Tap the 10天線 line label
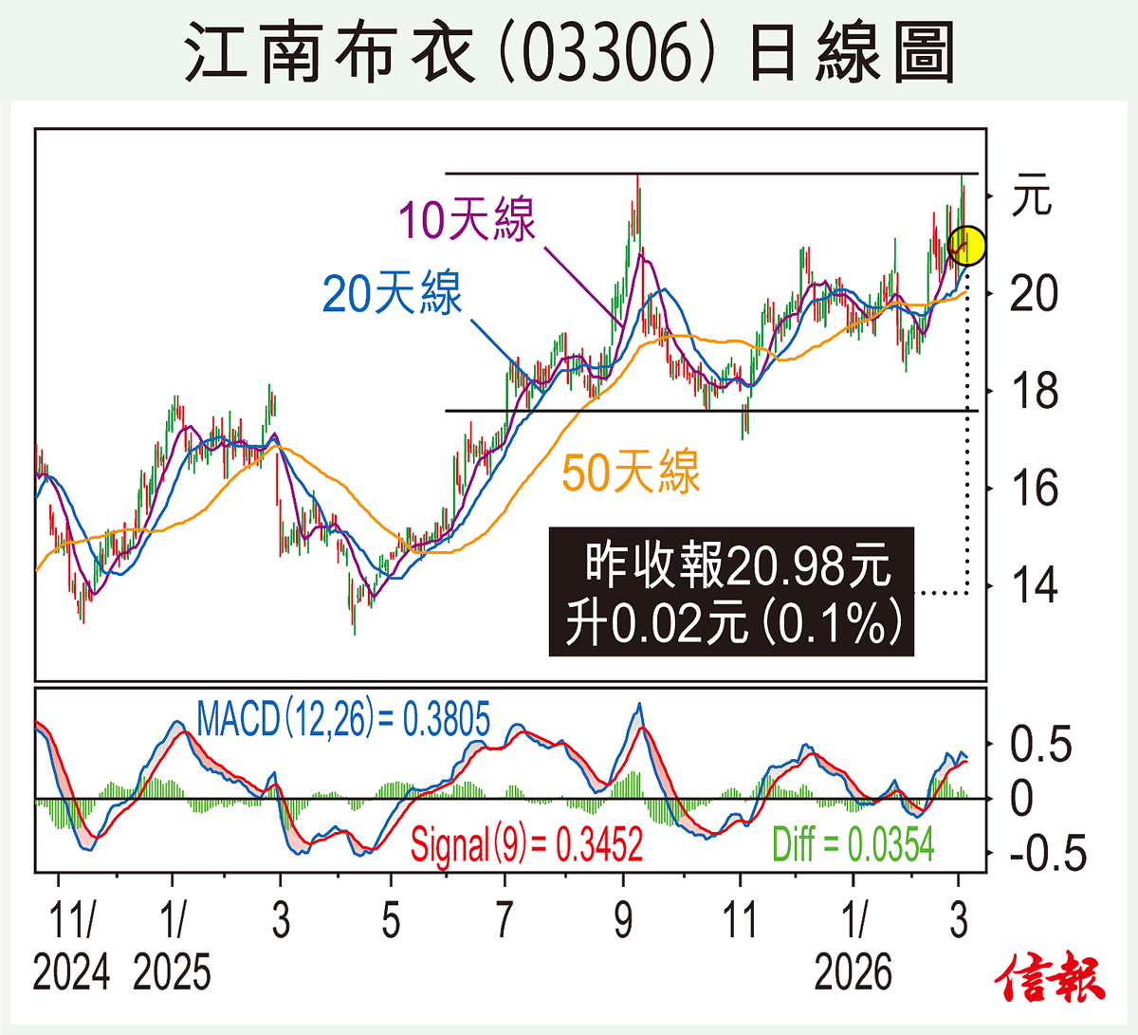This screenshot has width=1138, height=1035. (x=466, y=219)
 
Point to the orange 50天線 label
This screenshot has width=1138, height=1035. (x=631, y=471)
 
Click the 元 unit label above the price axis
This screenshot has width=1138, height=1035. (x=1032, y=196)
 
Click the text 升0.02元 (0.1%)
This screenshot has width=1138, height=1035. (x=732, y=623)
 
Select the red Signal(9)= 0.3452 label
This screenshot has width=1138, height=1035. (x=526, y=843)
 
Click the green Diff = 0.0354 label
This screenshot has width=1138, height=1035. (x=853, y=843)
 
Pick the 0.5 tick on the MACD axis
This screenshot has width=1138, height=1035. (x=1040, y=745)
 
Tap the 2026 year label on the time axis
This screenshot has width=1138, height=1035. (x=853, y=972)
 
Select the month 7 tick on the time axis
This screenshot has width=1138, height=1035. (x=505, y=920)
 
